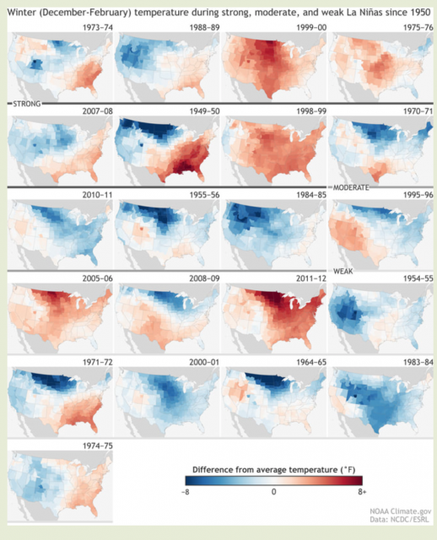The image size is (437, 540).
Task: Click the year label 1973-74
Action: [98, 28]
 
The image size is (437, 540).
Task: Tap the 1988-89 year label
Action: [204, 28]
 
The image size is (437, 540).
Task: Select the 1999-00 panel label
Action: [311, 28]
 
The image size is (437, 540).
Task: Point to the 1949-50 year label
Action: [204, 111]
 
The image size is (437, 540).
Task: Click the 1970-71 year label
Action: [418, 111]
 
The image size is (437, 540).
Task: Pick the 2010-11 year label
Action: [98, 195]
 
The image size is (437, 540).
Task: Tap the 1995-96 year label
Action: [418, 195]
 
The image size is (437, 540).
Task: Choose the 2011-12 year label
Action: [311, 278]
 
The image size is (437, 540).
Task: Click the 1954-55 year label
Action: [418, 278]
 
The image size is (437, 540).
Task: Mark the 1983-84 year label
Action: [418, 362]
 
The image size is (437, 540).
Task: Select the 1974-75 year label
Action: [98, 445]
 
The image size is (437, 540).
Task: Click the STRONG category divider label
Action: [27, 104]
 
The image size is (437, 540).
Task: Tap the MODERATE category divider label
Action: [351, 187]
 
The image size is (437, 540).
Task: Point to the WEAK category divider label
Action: [343, 272]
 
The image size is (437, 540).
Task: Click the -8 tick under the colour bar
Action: [186, 492]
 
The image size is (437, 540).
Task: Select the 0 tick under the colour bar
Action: [274, 492]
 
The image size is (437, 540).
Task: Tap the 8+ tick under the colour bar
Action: [362, 492]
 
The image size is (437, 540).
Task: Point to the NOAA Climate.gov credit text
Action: [401, 511]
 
